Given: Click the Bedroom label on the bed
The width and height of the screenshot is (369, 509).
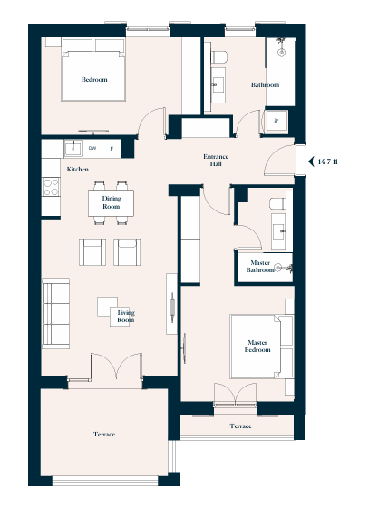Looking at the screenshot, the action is coord(94,80).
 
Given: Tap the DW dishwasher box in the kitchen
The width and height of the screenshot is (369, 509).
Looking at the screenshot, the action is coord(92,149).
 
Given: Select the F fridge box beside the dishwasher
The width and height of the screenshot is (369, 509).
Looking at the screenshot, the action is coord(112,149).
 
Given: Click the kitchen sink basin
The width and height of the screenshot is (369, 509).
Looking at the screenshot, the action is coord(73,149).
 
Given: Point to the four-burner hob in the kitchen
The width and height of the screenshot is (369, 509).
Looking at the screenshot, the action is coord(51,187).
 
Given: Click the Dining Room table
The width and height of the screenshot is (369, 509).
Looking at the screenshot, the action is coord(111,203).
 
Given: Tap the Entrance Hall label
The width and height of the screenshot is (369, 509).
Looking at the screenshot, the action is coord(216,161).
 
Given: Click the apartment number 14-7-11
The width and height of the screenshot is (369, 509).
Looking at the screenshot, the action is coord(328,162).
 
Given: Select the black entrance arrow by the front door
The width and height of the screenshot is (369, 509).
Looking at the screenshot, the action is coord(312,162).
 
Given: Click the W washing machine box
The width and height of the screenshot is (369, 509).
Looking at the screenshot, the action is coord(276,121).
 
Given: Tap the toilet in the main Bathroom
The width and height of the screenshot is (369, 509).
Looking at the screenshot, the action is coord(219,57).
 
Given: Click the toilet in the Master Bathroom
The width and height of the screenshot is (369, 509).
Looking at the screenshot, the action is coord(277,203).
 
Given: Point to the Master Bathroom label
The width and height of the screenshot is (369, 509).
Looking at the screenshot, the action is coord(260,266).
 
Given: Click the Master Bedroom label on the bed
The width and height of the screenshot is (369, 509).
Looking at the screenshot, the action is coord(257,347).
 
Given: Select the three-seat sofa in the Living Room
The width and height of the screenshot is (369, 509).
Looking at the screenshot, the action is coord(56,313).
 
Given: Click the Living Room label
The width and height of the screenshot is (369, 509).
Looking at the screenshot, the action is coord(126,317).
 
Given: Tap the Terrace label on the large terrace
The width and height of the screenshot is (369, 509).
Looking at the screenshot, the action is coord(104,435).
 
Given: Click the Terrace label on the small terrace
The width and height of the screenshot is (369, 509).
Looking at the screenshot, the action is coord(240,426).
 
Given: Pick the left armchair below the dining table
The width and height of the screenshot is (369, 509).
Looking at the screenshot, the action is coord(92,252).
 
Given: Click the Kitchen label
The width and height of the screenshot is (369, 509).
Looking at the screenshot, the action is coord(77,170).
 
